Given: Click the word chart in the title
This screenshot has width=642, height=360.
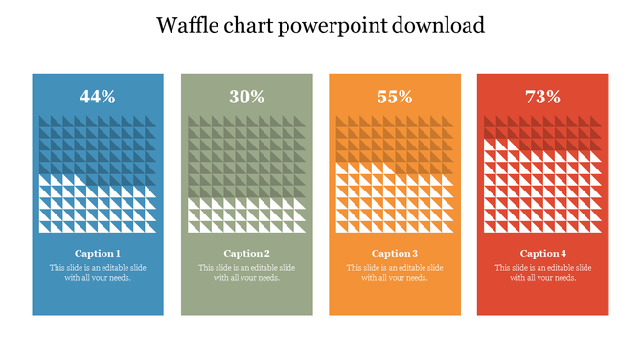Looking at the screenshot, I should click(x=249, y=25).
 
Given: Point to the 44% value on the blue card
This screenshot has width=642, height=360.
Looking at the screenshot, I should click(x=98, y=97).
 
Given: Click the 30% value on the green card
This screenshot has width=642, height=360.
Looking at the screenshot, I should click(x=246, y=97).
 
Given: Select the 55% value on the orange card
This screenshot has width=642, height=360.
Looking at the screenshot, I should click(x=395, y=97).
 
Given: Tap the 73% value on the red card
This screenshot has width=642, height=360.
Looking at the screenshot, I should click(x=542, y=97).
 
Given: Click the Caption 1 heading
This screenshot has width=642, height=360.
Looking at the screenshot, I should click(x=98, y=254).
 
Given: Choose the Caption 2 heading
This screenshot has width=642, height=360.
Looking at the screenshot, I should click(x=246, y=254).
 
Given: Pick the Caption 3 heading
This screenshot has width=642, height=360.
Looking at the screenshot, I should click(x=395, y=254).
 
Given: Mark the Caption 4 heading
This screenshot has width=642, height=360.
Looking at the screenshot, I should click(x=542, y=254).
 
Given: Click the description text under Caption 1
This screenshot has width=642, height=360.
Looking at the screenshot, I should click(x=98, y=273).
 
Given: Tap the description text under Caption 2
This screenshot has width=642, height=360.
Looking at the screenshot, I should click(x=246, y=273).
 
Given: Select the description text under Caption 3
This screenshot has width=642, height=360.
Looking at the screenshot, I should click(x=395, y=273).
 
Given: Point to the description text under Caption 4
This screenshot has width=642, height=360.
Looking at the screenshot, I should click(x=542, y=273).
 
